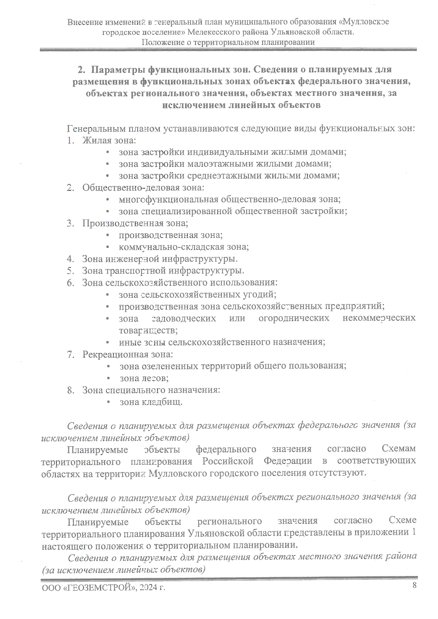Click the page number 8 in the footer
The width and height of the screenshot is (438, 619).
414,585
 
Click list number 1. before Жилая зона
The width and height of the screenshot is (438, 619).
70,140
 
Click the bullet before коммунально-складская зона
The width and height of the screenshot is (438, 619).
108,247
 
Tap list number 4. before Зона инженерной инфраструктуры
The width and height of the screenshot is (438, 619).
70,259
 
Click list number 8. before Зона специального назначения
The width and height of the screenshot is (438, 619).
70,390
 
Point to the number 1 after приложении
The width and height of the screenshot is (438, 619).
414,532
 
